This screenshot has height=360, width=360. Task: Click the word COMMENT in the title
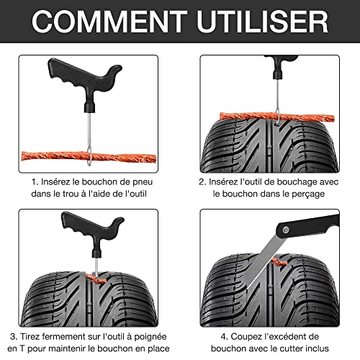point(109,22)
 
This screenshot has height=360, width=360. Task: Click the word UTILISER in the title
point(263,22)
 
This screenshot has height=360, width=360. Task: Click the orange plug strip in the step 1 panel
point(89,157)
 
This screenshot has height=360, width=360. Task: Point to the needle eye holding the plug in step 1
point(89,156)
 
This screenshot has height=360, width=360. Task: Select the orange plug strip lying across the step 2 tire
point(277,117)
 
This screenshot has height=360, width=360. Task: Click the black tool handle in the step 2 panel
point(279,68)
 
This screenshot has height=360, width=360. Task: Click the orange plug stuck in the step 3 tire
point(96,279)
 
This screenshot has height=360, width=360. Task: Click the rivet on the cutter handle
point(286,230)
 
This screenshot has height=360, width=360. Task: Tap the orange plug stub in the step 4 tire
point(279,262)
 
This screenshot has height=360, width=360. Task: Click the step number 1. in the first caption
point(35,182)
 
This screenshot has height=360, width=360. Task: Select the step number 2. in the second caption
point(202,182)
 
